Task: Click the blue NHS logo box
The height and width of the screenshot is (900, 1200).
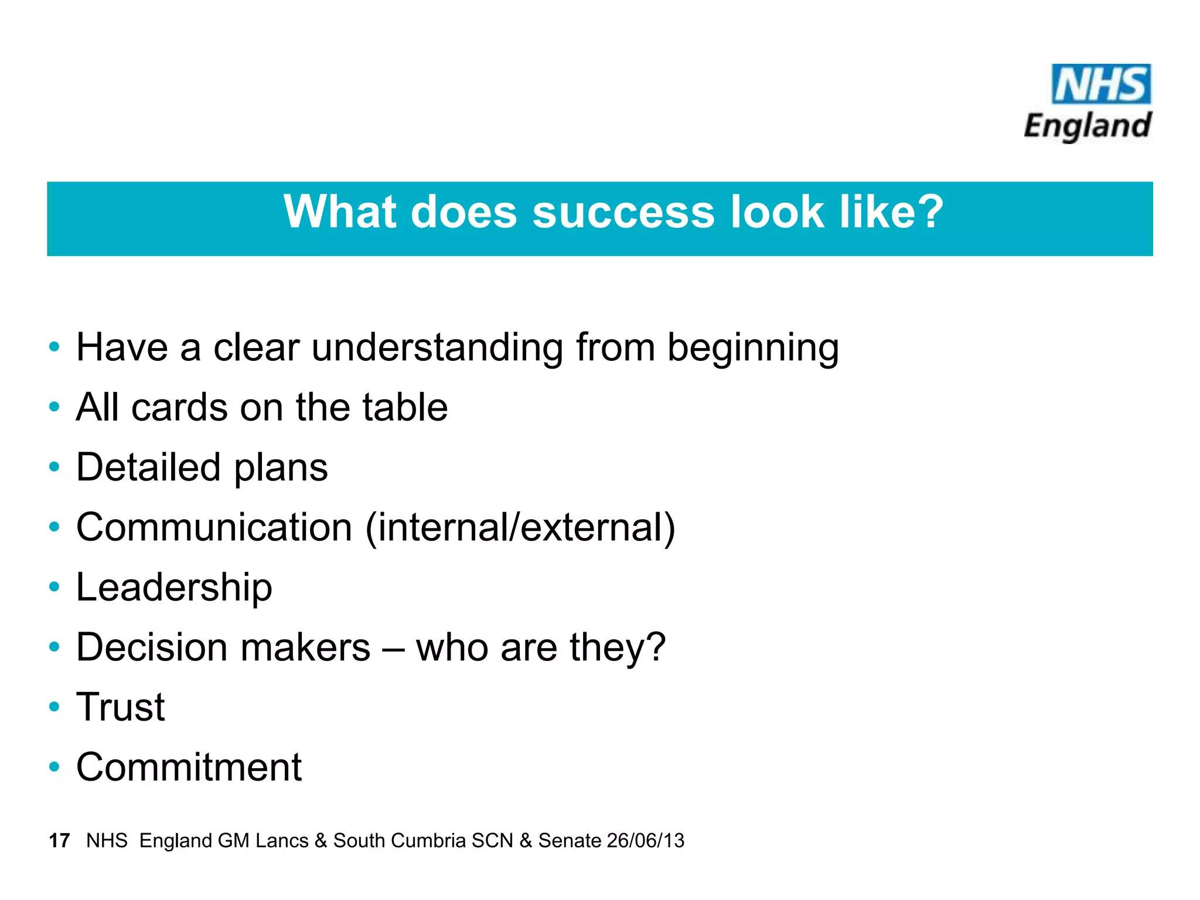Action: coord(1101,84)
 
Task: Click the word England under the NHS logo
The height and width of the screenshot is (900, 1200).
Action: coord(1088,126)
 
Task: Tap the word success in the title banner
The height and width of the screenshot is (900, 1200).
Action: coord(623,212)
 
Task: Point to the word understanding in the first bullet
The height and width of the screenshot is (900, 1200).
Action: coord(437,348)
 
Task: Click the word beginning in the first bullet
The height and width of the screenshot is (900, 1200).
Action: coord(753,348)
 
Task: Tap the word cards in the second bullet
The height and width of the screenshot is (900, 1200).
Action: coord(179,408)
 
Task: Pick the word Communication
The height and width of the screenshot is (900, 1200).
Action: coord(214,527)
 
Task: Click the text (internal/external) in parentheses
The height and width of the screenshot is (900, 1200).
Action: coord(520,527)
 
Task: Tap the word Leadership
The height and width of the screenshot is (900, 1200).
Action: coord(174,588)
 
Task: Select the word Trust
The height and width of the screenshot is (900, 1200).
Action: coord(121,707)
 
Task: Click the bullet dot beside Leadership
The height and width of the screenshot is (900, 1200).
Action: coord(54,587)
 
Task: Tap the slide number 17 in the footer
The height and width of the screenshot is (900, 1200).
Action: coord(59,841)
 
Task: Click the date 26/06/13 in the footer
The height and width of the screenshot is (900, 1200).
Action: coord(646,841)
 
